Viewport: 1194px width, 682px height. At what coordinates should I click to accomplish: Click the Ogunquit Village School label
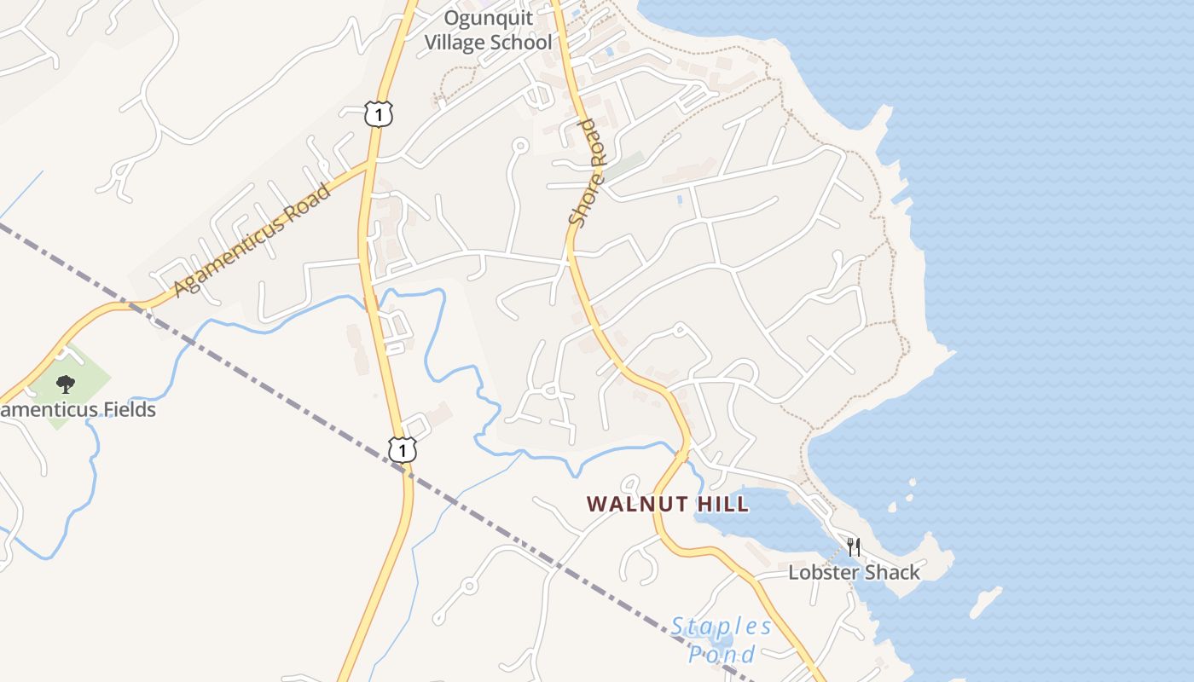(489, 30)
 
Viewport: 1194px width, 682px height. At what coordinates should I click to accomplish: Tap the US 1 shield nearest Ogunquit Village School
(379, 113)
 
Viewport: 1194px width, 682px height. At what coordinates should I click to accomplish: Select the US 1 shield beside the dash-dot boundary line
(402, 449)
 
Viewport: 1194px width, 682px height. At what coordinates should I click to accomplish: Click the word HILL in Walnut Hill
(723, 504)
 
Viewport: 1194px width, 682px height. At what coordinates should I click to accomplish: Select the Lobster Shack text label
(854, 572)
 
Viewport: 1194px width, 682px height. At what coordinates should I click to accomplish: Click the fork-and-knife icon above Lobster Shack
(853, 546)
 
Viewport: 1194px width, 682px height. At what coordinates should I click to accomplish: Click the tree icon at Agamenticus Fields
(65, 384)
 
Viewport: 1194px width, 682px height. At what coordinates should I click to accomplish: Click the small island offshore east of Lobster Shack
(985, 603)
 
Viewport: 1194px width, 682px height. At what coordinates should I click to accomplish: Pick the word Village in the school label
(467, 42)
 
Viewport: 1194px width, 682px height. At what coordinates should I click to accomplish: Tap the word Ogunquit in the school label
(489, 18)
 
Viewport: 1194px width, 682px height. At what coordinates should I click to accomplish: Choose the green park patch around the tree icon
(85, 367)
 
